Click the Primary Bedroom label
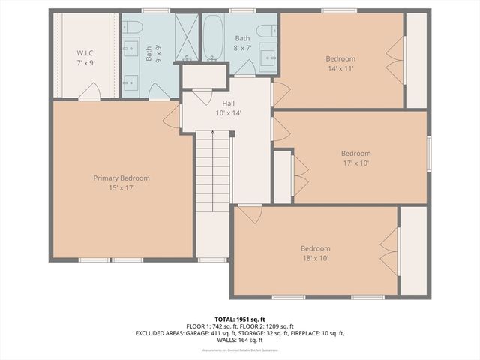point(121,178)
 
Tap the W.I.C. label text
point(85,53)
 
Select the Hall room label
point(229,103)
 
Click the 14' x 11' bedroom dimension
point(340,67)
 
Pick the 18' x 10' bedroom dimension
point(316,258)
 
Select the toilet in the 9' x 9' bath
point(132,28)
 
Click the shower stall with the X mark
point(185,37)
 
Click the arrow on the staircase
point(213,133)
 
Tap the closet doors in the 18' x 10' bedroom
point(388,247)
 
